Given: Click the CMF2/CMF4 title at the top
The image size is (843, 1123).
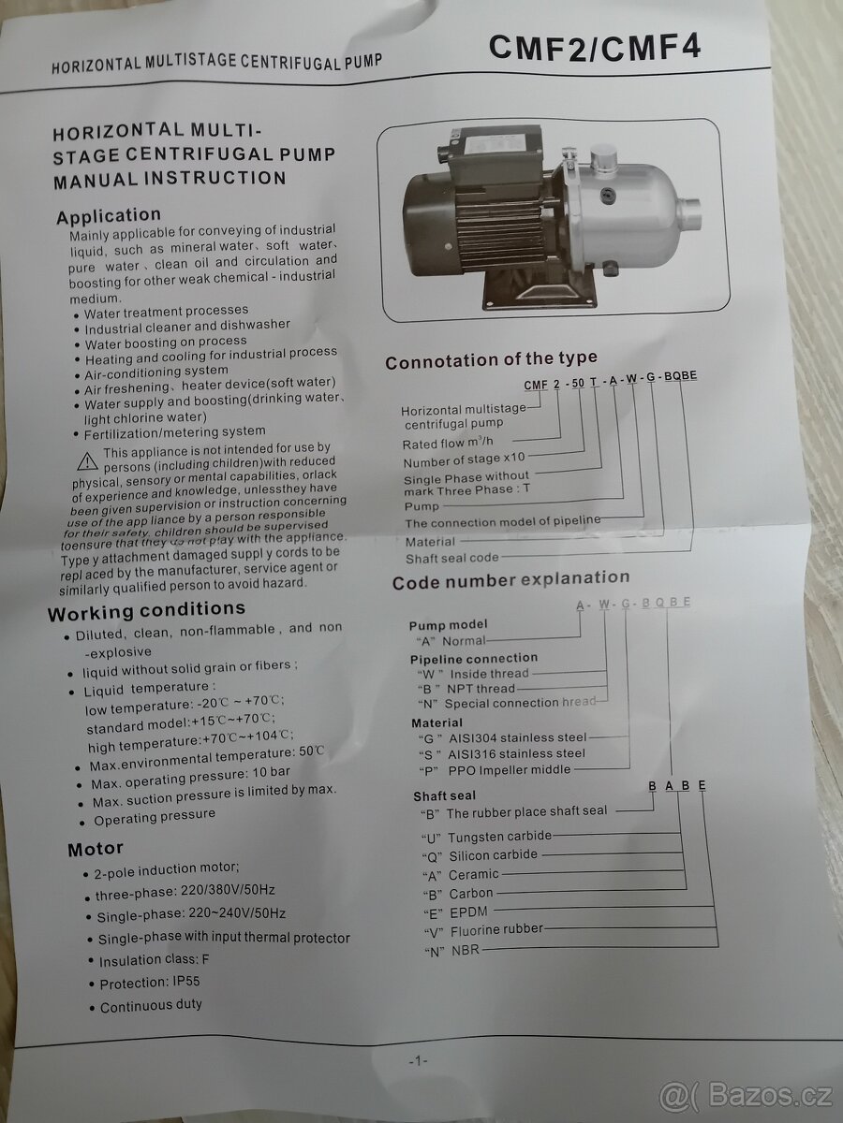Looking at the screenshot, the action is pyautogui.click(x=594, y=48).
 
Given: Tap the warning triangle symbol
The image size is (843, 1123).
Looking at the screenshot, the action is pyautogui.click(x=87, y=461).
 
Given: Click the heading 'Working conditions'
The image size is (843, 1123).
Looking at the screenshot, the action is pyautogui.click(x=146, y=610).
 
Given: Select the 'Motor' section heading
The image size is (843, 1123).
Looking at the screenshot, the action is pyautogui.click(x=96, y=849).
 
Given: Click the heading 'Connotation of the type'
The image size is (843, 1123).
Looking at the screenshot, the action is pyautogui.click(x=492, y=359).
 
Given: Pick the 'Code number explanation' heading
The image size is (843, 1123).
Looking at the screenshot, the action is pyautogui.click(x=510, y=580).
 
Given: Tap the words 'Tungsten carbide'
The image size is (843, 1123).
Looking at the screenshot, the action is pyautogui.click(x=499, y=836).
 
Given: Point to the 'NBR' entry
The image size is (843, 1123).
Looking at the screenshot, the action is pyautogui.click(x=466, y=950).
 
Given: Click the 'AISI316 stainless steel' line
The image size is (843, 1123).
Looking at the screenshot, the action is pyautogui.click(x=516, y=753).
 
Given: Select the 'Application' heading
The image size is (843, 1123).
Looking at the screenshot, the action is pyautogui.click(x=109, y=216).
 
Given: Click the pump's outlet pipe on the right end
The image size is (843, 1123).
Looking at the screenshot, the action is pyautogui.click(x=688, y=216).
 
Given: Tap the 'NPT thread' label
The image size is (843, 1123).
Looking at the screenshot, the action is pyautogui.click(x=481, y=689).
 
